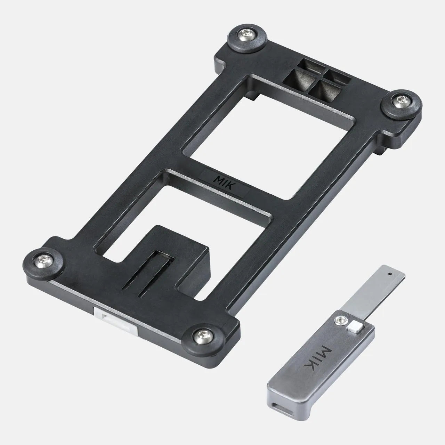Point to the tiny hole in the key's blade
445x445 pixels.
click(x=389, y=274)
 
